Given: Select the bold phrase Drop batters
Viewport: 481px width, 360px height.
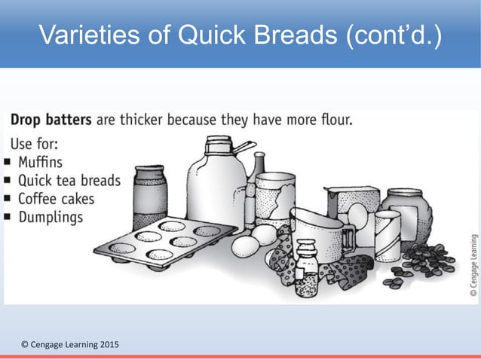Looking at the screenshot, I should coord(51,120).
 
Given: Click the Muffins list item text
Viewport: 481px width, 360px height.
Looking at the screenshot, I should coord(42,161).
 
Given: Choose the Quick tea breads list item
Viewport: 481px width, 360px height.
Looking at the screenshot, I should coord(69,180).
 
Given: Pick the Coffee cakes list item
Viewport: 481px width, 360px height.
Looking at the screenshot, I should coord(57,198).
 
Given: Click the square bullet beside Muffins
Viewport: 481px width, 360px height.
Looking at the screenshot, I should coord(7,162).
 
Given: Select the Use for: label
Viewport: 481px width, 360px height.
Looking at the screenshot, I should coord(36,142).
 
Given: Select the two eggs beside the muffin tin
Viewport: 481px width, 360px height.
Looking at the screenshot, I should coord(253,241).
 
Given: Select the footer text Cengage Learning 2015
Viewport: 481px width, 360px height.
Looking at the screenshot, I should coord(69,346).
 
